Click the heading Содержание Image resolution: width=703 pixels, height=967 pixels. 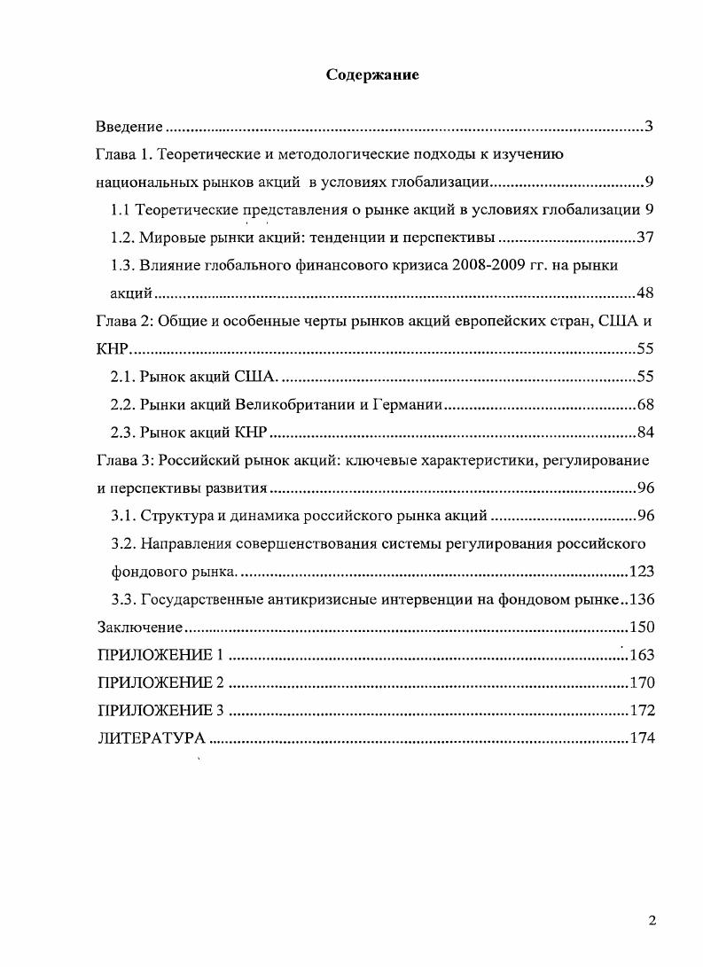372,74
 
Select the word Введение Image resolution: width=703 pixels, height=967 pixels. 129,127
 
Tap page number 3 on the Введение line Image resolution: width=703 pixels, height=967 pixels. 649,127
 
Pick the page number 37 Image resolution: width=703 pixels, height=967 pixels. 644,238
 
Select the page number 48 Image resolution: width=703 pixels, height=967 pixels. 644,293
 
